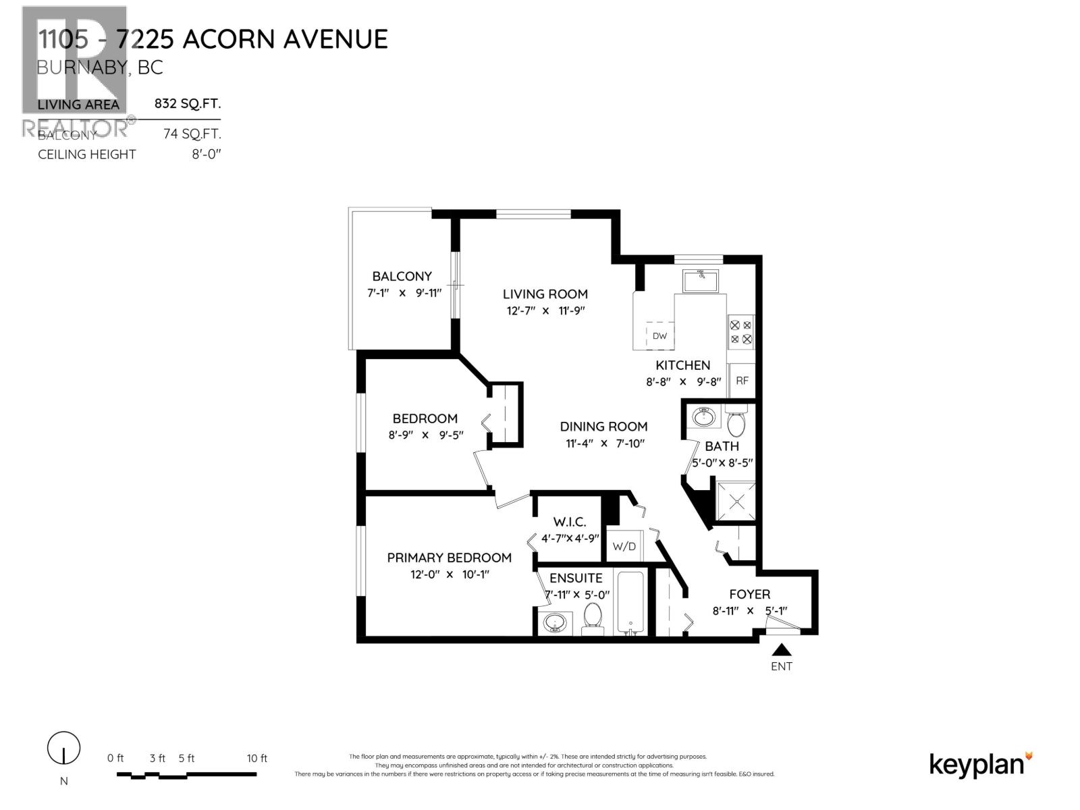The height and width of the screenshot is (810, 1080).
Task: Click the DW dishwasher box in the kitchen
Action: (659, 335)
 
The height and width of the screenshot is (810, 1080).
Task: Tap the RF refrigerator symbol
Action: (742, 381)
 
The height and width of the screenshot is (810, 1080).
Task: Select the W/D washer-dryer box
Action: (624, 546)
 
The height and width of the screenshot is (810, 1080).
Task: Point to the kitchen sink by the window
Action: (701, 280)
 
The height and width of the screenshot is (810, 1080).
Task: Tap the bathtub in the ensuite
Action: (630, 603)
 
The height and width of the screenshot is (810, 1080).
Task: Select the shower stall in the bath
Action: (735, 502)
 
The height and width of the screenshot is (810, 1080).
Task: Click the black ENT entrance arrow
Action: (782, 650)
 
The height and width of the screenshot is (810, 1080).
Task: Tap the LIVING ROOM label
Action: (545, 294)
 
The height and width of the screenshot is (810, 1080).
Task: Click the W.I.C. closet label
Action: (569, 522)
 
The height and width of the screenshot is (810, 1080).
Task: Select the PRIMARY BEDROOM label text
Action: (449, 558)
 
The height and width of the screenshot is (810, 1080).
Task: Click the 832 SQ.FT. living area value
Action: (187, 104)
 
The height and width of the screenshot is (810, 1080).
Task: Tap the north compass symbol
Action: (64, 749)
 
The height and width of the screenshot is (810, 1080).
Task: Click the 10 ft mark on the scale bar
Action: (256, 758)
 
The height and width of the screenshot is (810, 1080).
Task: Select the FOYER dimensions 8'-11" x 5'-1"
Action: (749, 611)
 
